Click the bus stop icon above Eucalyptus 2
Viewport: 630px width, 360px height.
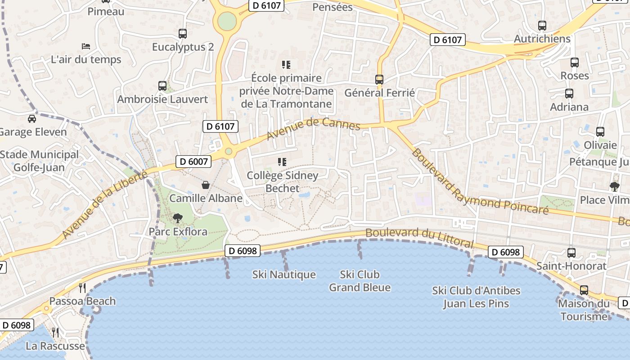[182, 33]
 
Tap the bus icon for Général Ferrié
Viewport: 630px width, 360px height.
[379, 80]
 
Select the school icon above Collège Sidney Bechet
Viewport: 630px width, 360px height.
[282, 162]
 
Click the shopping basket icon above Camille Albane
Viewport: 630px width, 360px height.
[206, 185]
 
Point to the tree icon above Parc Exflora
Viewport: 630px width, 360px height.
[178, 218]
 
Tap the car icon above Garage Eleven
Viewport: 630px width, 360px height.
[32, 119]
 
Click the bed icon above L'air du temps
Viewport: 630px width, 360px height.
[86, 46]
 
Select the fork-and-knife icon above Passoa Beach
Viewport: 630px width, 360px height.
[82, 288]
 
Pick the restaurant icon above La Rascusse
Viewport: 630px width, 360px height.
[55, 333]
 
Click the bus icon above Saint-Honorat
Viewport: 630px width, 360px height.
[571, 252]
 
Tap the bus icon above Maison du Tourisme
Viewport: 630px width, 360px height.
[584, 290]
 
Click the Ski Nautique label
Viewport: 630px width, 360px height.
[284, 274]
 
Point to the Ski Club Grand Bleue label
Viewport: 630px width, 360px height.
[360, 281]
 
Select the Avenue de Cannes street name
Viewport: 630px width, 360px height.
[313, 128]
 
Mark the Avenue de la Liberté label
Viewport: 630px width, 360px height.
[104, 205]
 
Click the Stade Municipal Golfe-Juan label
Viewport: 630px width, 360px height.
[39, 161]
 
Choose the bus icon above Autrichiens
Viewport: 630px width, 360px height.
[542, 26]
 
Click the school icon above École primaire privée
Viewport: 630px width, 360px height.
[286, 65]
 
